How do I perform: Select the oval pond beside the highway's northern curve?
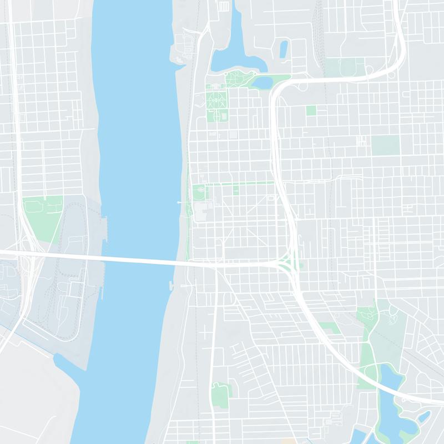pyautogui.click(x=262, y=83)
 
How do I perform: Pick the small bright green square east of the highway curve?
pyautogui.click(x=311, y=110)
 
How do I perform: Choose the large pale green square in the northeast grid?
pyautogui.click(x=385, y=144)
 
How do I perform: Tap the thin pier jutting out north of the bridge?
pyautogui.click(x=181, y=203)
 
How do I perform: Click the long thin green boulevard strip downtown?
pyautogui.click(x=239, y=183)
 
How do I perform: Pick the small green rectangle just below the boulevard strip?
pyautogui.click(x=236, y=190)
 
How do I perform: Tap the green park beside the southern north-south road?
pyautogui.click(x=221, y=391)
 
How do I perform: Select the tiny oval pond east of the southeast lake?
pyautogui.click(x=424, y=416)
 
